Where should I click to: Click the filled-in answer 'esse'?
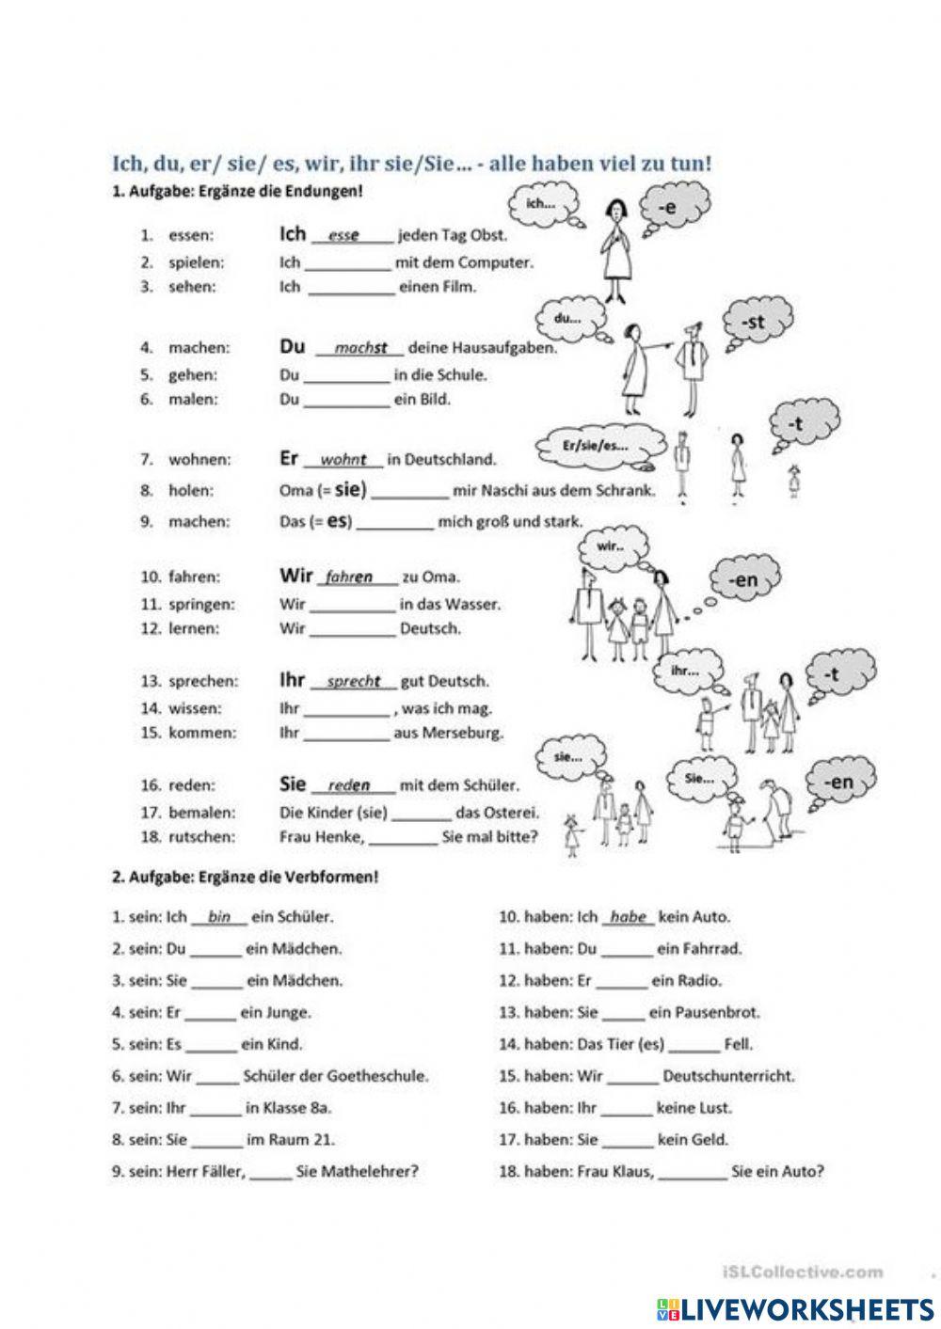point(343,236)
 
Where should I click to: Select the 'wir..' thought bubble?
point(613,546)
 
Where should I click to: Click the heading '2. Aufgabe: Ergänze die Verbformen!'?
point(245,877)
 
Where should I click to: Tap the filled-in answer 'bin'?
point(219,917)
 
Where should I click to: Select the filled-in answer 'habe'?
point(628,917)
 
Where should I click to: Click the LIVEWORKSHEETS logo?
point(795,1308)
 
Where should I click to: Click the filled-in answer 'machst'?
point(360,349)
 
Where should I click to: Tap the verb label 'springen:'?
point(201,605)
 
